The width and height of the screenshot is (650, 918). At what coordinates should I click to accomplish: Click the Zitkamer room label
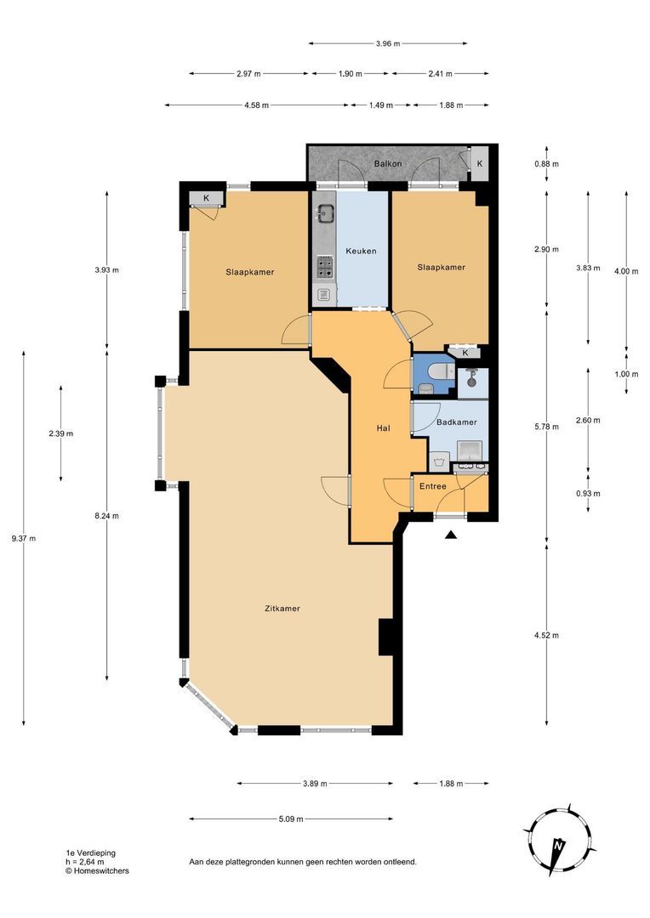click(x=282, y=609)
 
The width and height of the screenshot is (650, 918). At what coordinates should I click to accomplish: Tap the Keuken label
click(x=361, y=251)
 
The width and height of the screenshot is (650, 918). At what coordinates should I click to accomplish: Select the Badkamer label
click(x=457, y=422)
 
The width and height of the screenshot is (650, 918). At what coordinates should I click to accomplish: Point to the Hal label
click(x=384, y=428)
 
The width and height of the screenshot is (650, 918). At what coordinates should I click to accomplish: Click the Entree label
click(x=432, y=486)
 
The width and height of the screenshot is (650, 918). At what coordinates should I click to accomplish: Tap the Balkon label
click(x=388, y=164)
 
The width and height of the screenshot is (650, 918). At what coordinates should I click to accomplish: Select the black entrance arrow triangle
click(x=450, y=534)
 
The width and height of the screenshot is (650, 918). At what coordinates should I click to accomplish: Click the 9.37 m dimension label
click(x=24, y=539)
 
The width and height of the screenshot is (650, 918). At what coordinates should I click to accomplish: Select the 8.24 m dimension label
click(x=106, y=516)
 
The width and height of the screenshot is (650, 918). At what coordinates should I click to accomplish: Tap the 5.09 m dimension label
click(x=291, y=819)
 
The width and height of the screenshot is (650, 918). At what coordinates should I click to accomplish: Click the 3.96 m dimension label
click(x=388, y=43)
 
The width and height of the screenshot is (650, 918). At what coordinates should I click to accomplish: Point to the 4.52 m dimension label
click(x=547, y=635)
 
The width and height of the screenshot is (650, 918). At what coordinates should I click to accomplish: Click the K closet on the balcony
click(x=480, y=164)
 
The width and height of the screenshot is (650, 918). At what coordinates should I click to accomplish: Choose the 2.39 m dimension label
click(x=61, y=433)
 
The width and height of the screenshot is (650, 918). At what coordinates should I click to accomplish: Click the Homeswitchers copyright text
click(x=97, y=870)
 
